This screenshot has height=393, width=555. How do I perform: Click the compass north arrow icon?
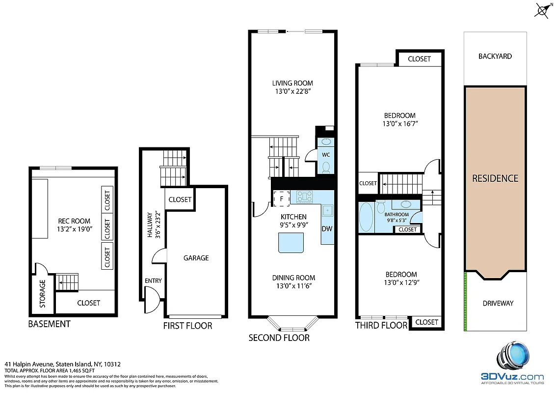542,10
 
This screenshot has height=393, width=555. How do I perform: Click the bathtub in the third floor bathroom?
366,217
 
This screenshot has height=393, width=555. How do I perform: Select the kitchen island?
291,243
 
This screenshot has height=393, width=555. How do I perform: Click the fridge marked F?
281,199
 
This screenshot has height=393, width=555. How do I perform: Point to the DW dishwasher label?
327,228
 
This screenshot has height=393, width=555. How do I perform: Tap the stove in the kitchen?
305,197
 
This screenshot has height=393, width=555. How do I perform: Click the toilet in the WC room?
326,167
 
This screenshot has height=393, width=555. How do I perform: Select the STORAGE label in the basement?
42,294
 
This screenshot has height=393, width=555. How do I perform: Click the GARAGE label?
196,258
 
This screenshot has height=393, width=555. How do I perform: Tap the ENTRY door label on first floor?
153,281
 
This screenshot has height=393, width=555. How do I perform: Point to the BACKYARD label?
495,56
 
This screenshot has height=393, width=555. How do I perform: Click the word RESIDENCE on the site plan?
495,178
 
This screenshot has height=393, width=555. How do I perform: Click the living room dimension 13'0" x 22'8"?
293,91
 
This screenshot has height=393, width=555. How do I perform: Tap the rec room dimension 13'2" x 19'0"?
74,229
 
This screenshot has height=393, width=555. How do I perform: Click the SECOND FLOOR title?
279,337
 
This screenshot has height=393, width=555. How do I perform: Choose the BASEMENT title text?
49,324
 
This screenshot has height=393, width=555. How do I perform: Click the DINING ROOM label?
293,278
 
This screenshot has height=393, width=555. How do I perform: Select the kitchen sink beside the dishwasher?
327,210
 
